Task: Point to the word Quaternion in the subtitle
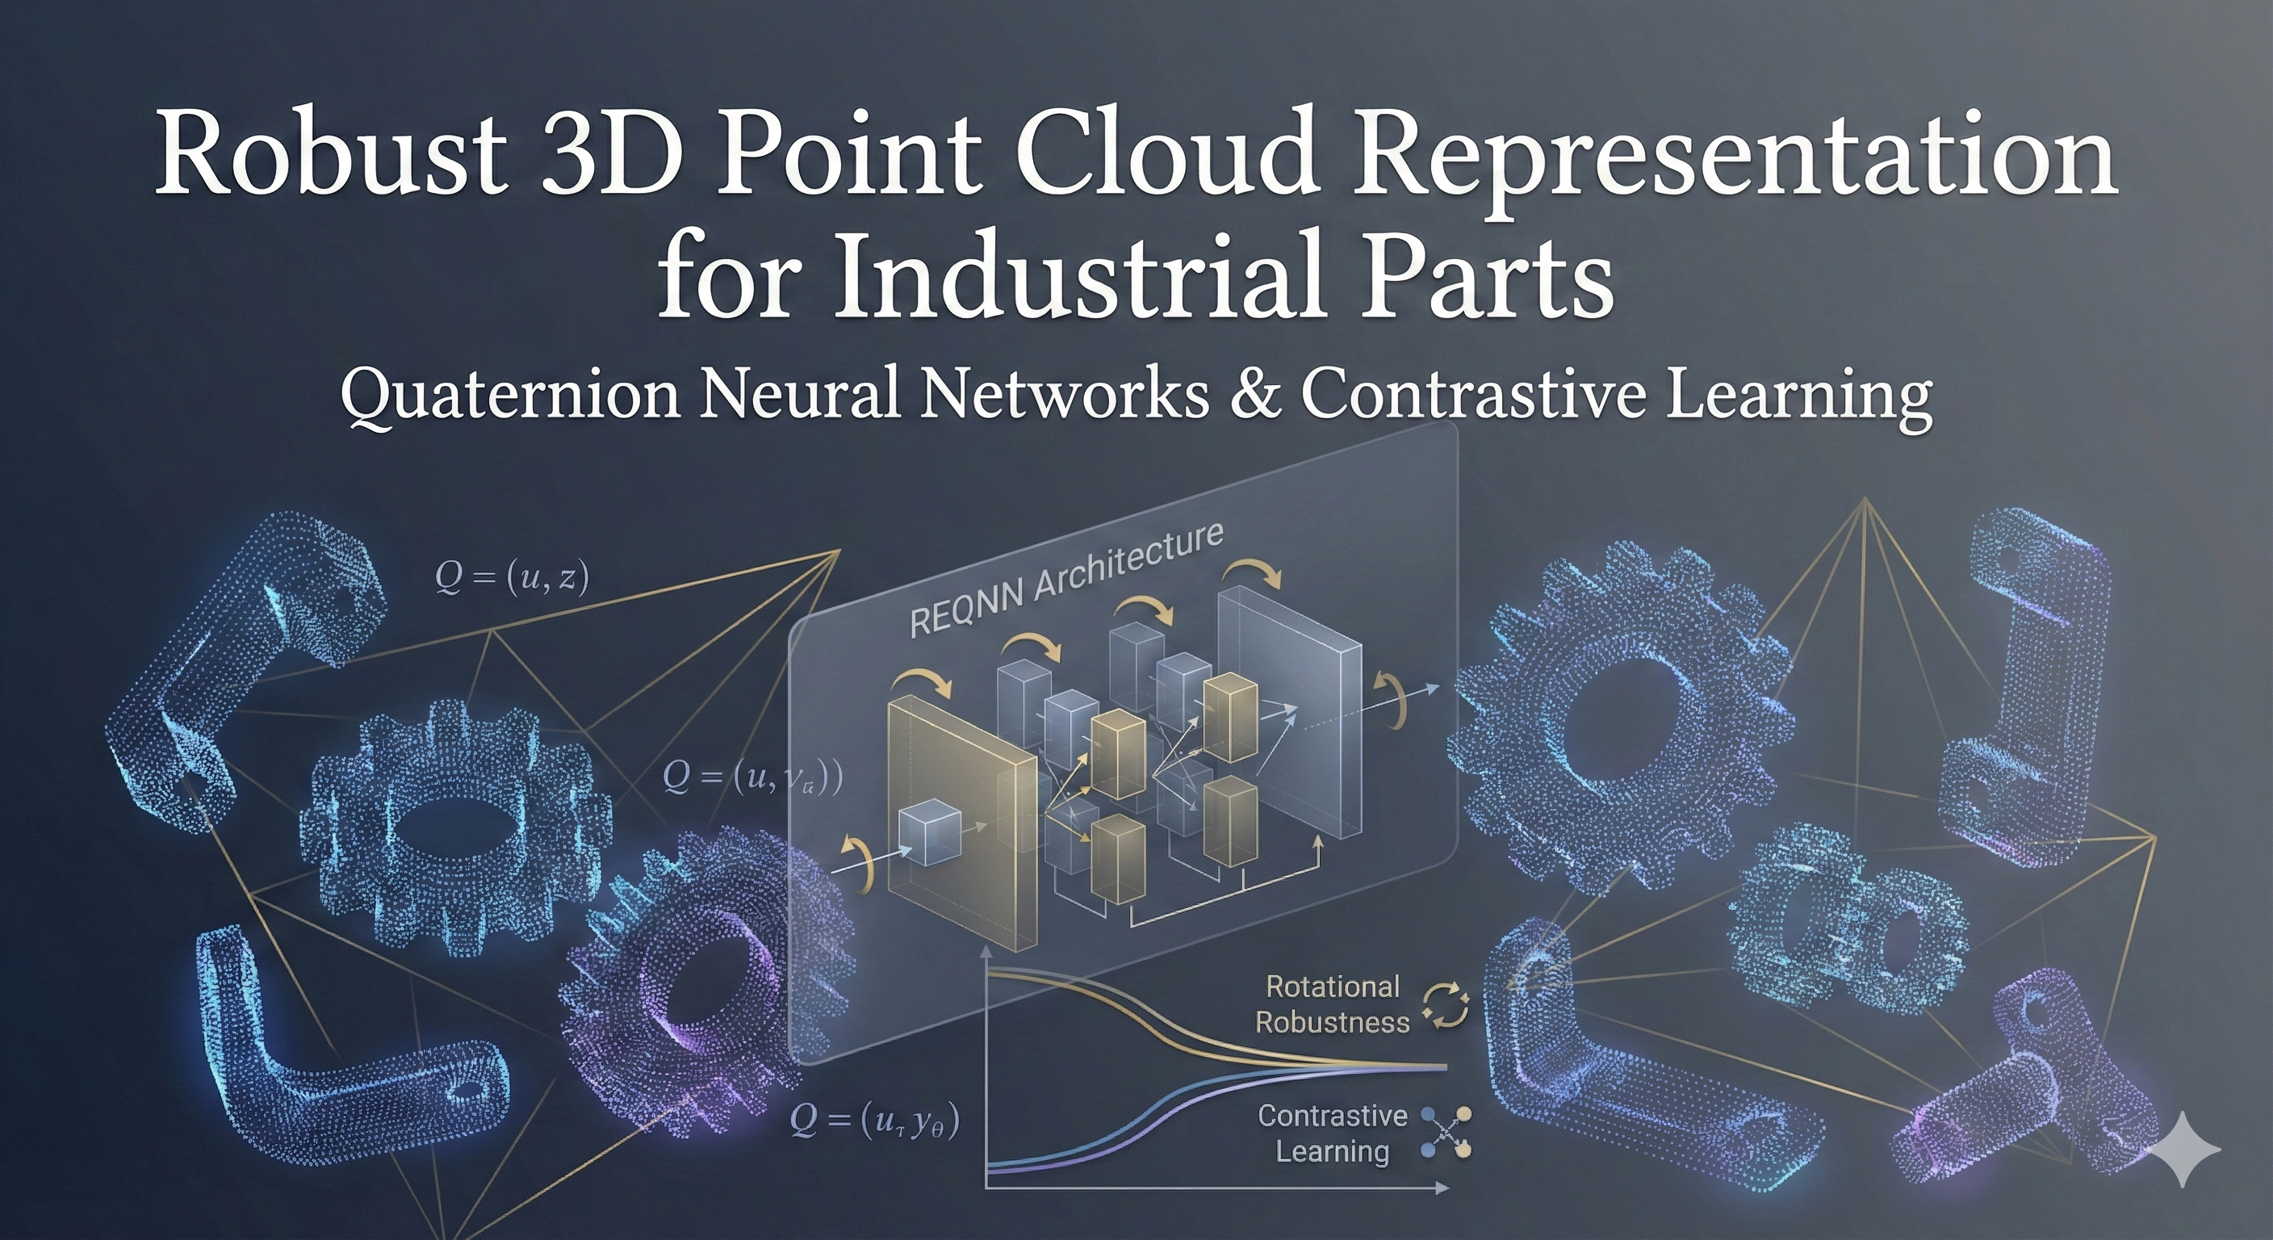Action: pos(510,396)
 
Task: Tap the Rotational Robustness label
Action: pos(1332,1004)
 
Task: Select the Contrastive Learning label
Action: pos(1332,1133)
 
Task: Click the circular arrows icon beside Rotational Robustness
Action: pos(1446,1007)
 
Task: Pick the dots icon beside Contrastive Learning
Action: pos(1446,1133)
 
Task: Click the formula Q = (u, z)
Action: pos(512,578)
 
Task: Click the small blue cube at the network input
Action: pos(928,832)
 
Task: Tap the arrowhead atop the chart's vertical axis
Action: pos(986,954)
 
